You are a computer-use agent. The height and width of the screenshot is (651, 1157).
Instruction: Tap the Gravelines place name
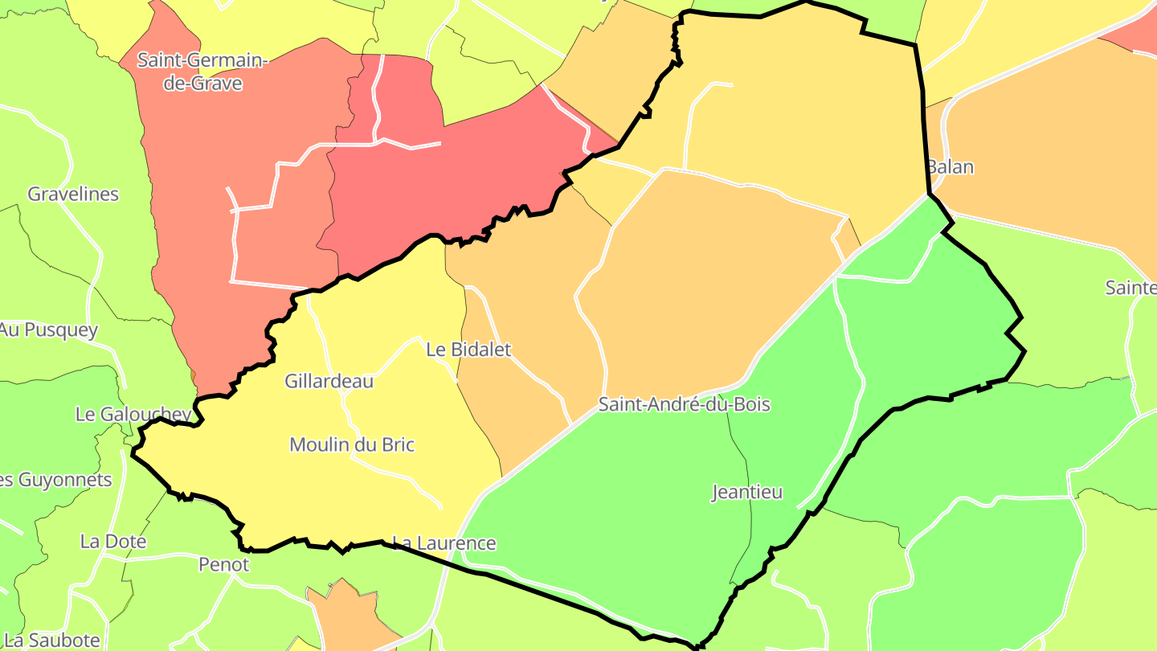[x=73, y=194]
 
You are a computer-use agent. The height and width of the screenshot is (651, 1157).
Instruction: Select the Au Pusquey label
[x=48, y=330]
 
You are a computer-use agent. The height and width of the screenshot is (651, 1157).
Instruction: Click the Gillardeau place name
[x=329, y=381]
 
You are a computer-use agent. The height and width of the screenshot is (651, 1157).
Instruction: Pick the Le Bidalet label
[x=468, y=350]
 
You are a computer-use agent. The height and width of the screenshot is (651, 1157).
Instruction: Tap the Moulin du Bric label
[x=352, y=444]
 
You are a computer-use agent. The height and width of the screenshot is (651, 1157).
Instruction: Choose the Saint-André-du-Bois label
[x=684, y=404]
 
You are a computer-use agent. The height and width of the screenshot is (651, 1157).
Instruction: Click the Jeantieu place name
[x=747, y=492]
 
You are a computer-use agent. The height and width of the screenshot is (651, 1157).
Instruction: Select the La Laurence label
[x=444, y=543]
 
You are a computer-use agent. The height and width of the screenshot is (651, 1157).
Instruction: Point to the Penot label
[x=224, y=564]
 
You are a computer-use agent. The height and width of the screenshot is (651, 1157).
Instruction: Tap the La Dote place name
[x=112, y=541]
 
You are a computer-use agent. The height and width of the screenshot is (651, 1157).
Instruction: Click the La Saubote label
[x=51, y=640]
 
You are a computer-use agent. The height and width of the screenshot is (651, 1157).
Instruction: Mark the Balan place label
[x=950, y=167]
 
